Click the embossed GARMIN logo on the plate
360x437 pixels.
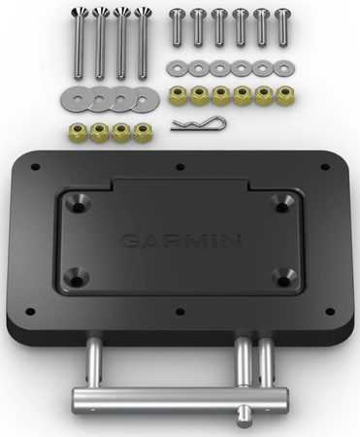click(180, 241)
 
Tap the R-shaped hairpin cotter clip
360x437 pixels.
click(198, 124)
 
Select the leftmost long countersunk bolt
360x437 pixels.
click(79, 44)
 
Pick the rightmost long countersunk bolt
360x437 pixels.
click(142, 44)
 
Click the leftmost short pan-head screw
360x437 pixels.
click(177, 28)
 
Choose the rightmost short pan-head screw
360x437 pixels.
click(282, 28)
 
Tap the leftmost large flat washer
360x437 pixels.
click(77, 99)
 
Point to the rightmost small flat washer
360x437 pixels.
click(283, 69)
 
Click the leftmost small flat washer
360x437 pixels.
click(177, 69)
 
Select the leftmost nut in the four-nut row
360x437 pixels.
click(78, 132)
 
